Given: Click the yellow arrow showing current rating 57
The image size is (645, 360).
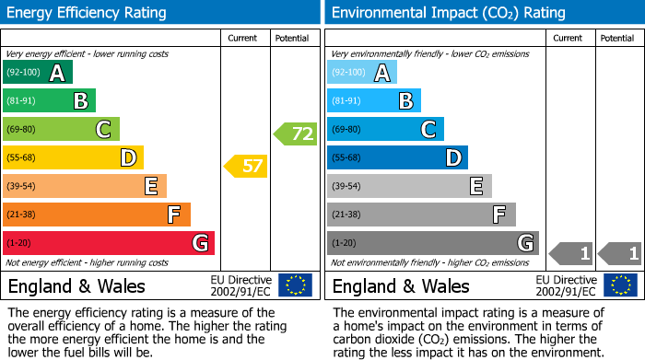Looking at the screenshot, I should coord(245,167).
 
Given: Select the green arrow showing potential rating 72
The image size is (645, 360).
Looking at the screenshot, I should coord(295,134).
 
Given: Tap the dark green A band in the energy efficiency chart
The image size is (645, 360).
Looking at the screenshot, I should coord(37,73).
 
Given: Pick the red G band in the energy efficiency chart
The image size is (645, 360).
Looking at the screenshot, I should coord(109,243).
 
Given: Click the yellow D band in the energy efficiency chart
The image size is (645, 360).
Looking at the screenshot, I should coord(73,157).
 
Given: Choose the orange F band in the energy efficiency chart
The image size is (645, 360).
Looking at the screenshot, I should coord(97,215).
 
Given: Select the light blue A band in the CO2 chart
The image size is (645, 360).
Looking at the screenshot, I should coord(362,73).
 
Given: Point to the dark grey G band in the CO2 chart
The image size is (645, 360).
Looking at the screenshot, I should coord(432,243).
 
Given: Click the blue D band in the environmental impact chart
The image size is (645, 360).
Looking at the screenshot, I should coord(397,157).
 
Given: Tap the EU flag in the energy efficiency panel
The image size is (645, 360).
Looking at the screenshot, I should coord(295,285).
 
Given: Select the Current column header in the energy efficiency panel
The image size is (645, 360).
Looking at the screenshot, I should coord(243,39).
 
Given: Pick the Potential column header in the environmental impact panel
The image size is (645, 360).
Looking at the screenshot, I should coord(617,39).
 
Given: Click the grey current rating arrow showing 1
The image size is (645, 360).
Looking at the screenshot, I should coord(570,252).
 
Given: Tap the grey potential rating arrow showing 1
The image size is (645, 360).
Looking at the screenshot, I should coord(620,252).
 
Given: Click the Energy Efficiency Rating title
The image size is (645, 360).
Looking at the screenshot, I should coord(88,13).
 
